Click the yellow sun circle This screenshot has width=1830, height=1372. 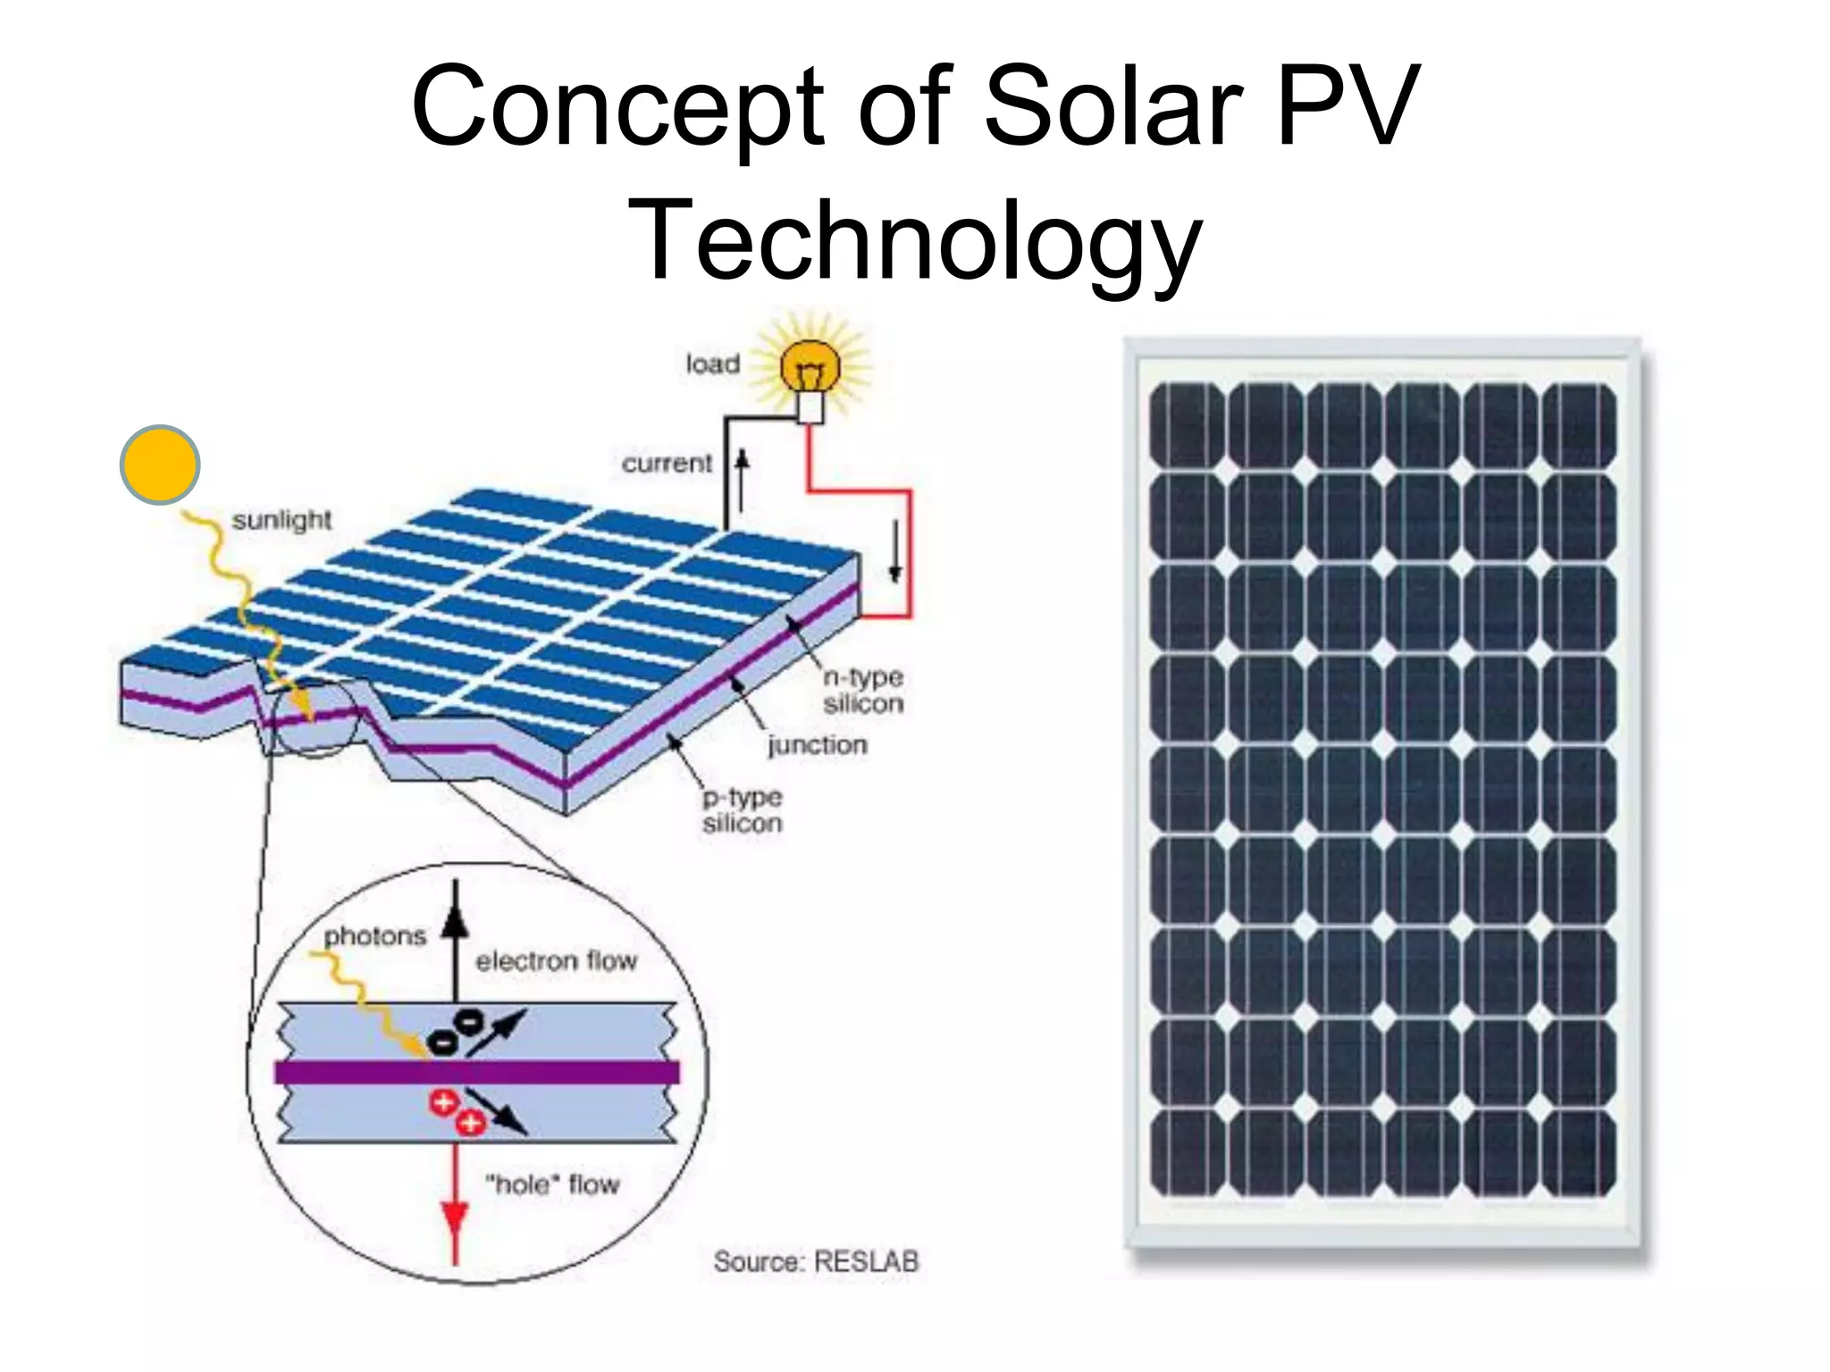[x=160, y=464]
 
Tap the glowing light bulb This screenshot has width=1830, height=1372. [x=810, y=368]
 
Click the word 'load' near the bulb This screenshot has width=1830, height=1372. [x=712, y=364]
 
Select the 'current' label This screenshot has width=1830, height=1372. [x=667, y=464]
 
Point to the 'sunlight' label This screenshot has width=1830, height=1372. [x=281, y=520]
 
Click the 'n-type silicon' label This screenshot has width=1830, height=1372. [x=862, y=690]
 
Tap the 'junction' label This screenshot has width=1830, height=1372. [x=817, y=745]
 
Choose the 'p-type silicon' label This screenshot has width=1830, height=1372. [x=742, y=810]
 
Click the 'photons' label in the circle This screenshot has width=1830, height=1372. [x=375, y=936]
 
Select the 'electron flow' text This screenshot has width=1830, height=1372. [x=556, y=961]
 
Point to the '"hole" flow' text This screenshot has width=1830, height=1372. [x=552, y=1184]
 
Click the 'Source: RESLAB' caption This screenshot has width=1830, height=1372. [x=816, y=1261]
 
